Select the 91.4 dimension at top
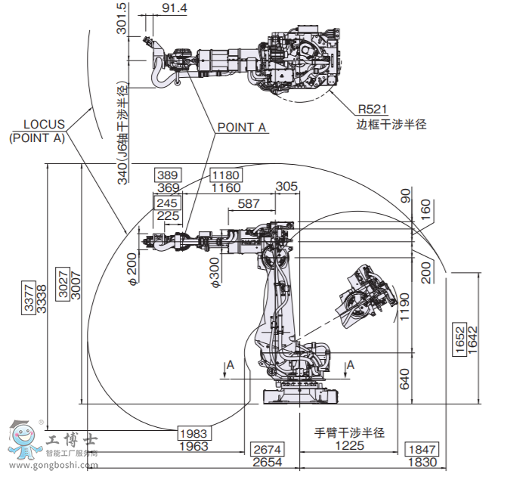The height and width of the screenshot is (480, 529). pyautogui.click(x=175, y=8)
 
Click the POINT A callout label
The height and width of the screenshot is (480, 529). pyautogui.click(x=242, y=128)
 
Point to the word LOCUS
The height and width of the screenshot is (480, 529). pyautogui.click(x=44, y=125)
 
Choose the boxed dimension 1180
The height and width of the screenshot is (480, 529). pyautogui.click(x=226, y=175)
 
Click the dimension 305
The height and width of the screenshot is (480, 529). pyautogui.click(x=286, y=187)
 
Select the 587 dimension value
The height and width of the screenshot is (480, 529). pyautogui.click(x=249, y=203)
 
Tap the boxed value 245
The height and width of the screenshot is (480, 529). pyautogui.click(x=167, y=203)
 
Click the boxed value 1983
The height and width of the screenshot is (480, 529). pyautogui.click(x=193, y=433)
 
